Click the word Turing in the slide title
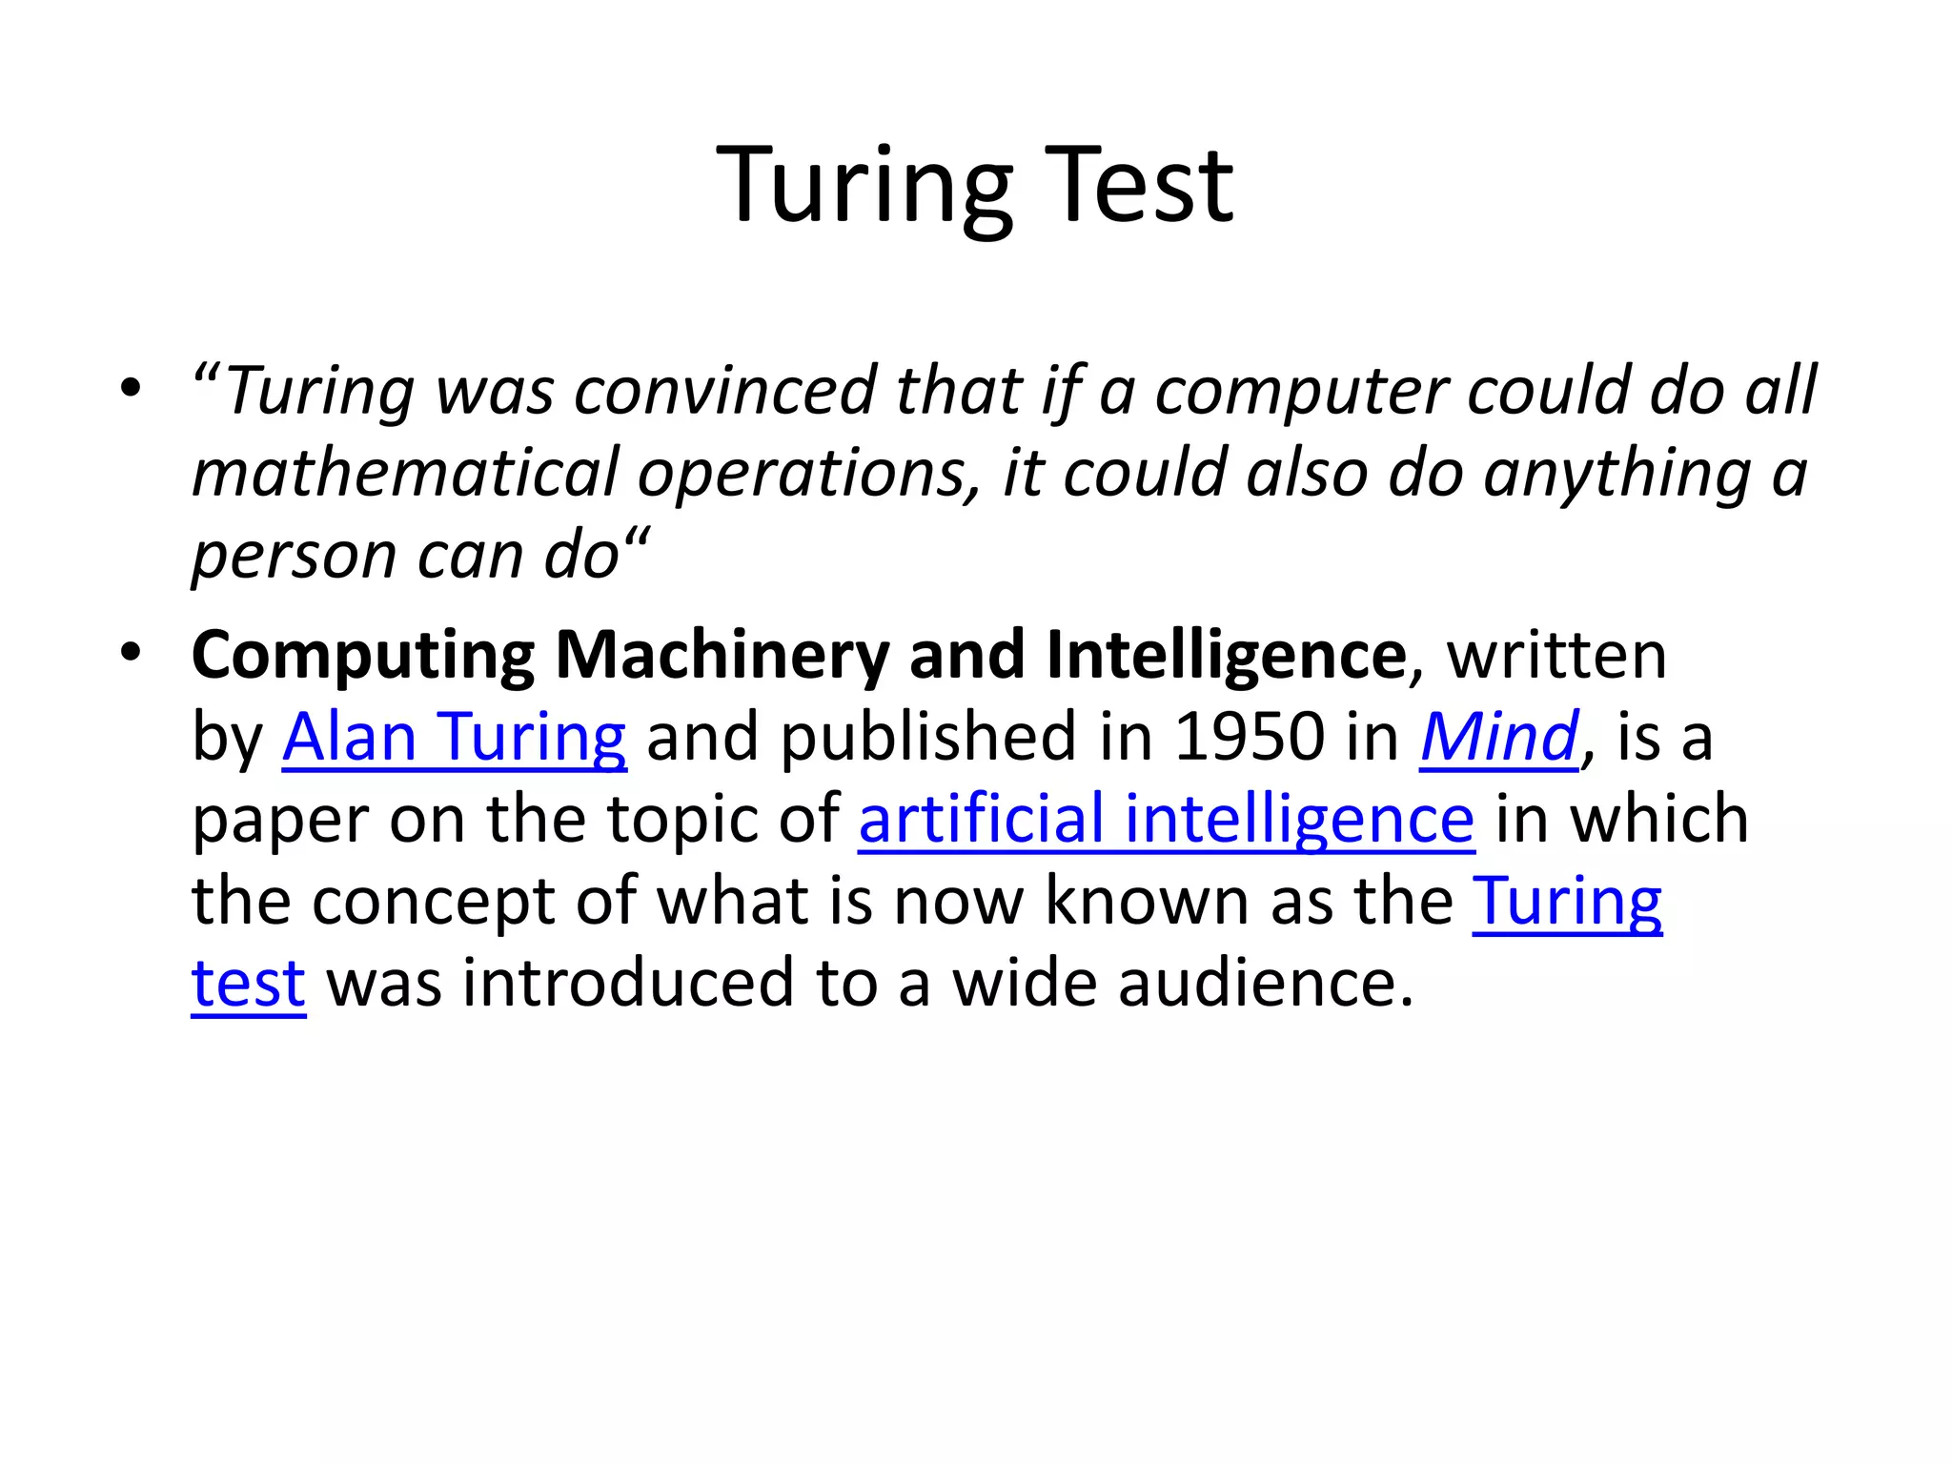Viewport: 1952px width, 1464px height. click(864, 186)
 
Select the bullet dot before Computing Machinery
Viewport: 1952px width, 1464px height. click(131, 653)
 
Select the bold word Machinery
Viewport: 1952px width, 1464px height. click(722, 656)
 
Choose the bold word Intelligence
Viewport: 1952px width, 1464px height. click(1226, 656)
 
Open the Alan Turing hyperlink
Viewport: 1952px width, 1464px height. click(454, 738)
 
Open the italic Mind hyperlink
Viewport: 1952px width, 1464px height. click(1498, 738)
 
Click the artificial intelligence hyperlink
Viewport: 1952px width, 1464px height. click(1166, 820)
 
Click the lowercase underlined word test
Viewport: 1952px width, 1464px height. click(248, 984)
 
